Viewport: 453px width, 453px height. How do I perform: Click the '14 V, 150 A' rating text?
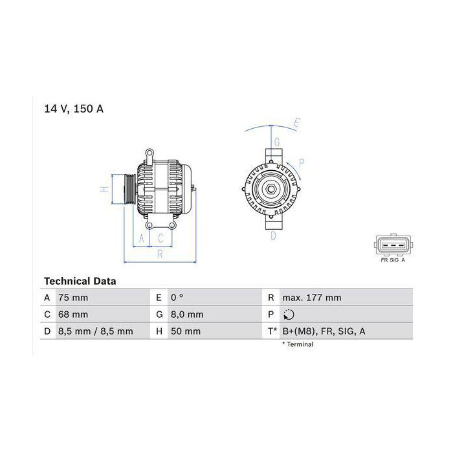coord(74,109)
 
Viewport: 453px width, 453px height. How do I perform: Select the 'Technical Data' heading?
coord(80,281)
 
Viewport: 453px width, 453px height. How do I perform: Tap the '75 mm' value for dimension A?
coord(73,298)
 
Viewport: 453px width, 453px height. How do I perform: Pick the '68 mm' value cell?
coord(73,315)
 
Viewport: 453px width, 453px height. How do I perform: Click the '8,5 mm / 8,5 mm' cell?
coord(96,331)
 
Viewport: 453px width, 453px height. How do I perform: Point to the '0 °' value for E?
coord(177,298)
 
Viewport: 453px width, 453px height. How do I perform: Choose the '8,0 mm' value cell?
coord(187,315)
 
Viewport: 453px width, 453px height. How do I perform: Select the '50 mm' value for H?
coord(186,331)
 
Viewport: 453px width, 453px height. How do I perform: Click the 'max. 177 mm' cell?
coord(312,298)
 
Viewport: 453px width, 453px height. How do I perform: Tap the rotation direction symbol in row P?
coord(289,315)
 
